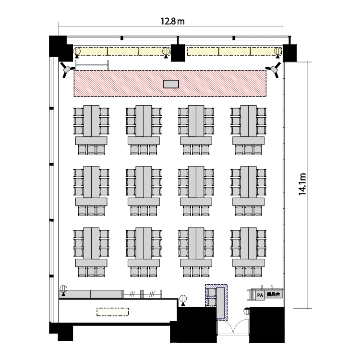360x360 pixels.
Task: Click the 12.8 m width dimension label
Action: tap(172, 21)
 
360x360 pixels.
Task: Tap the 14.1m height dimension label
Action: tap(302, 184)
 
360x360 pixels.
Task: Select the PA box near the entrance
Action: tap(260, 295)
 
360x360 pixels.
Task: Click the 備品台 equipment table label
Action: tap(273, 294)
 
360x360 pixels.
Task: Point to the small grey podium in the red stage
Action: tap(171, 84)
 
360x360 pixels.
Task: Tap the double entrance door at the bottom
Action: tap(233, 328)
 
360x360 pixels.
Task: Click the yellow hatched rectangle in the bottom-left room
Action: tap(112, 312)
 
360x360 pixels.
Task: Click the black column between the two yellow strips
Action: tap(178, 53)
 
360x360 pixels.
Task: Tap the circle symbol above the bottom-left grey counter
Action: tap(63, 289)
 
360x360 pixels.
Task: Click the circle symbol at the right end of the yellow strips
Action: tap(277, 51)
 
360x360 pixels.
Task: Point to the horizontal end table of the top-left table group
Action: tap(91, 141)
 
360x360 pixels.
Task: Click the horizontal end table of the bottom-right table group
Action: tap(249, 263)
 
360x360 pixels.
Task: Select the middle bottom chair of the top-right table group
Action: tap(248, 150)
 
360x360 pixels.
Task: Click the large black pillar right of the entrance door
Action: tap(267, 324)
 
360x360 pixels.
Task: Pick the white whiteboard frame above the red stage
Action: tap(92, 65)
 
